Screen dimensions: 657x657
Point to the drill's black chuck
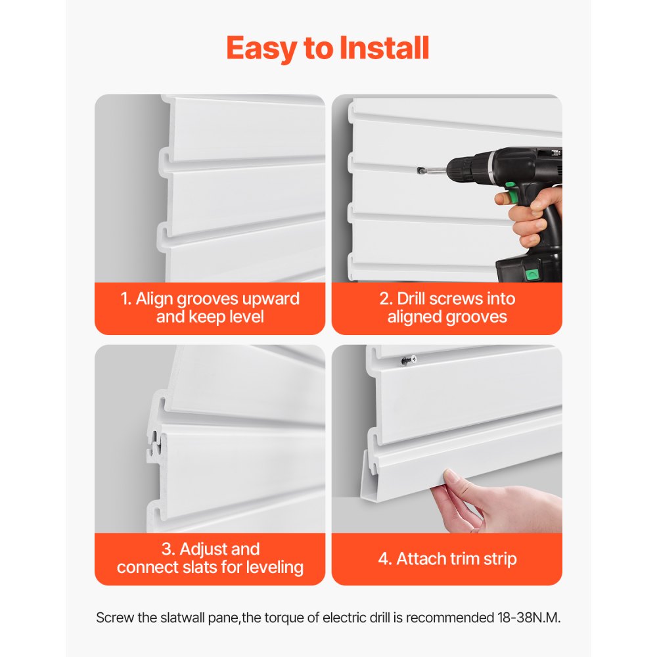pos(453,170)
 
